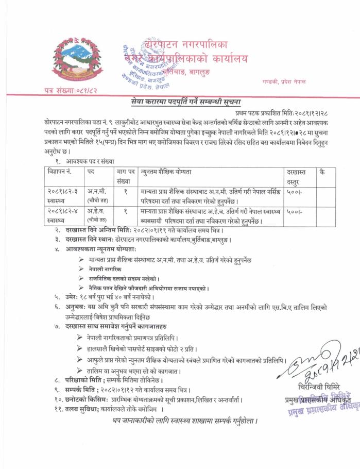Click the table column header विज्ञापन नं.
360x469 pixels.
(x=59, y=171)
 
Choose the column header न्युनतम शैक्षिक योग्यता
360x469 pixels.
(x=173, y=171)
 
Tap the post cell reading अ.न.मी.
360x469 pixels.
(x=97, y=192)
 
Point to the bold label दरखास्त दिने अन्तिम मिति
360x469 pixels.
(x=97, y=230)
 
